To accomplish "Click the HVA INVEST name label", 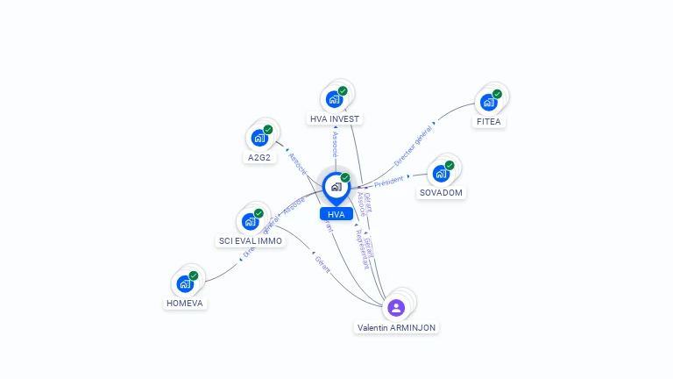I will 335,118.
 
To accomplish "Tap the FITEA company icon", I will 489,102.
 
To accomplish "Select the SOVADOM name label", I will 441,192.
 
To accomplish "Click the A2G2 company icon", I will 259,138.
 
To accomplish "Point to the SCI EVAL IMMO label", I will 251,240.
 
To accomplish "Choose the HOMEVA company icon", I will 185,283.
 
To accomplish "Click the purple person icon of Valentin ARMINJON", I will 396,307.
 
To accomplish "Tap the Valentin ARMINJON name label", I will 396,327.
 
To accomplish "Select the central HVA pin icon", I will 336,187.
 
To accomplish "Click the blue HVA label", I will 336,214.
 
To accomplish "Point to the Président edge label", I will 388,181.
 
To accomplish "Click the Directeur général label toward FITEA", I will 413,147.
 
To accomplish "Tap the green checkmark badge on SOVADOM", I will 450,165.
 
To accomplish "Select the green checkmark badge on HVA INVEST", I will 343,90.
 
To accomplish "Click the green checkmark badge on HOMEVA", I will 194,275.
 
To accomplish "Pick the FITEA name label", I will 488,121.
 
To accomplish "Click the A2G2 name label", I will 259,157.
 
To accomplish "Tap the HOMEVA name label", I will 186,303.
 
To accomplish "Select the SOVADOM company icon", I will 441,173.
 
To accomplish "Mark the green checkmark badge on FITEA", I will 497,94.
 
